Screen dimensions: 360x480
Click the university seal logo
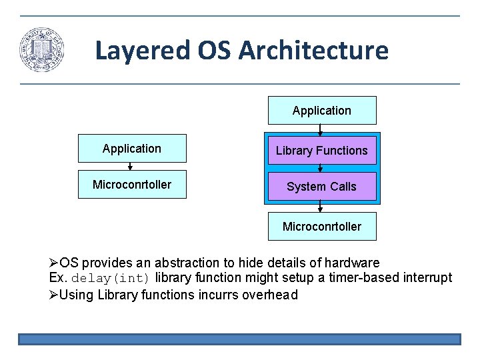tap(41, 50)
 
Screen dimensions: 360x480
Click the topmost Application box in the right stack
tap(321, 111)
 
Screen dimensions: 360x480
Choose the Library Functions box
tap(321, 151)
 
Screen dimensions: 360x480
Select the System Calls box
tap(321, 187)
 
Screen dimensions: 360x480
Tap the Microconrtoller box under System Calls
tap(321, 227)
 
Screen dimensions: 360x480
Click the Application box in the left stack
tap(132, 149)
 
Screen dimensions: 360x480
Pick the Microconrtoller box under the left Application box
tap(132, 185)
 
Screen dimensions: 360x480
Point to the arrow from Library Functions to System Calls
tap(321, 168)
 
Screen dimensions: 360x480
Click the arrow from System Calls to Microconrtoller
tap(321, 207)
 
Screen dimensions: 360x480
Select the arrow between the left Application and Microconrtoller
tap(131, 166)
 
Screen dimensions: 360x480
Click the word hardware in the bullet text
tap(354, 263)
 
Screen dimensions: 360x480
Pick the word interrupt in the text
tap(427, 278)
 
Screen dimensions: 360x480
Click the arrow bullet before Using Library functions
tap(54, 295)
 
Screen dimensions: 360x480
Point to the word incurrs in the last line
tap(217, 295)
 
